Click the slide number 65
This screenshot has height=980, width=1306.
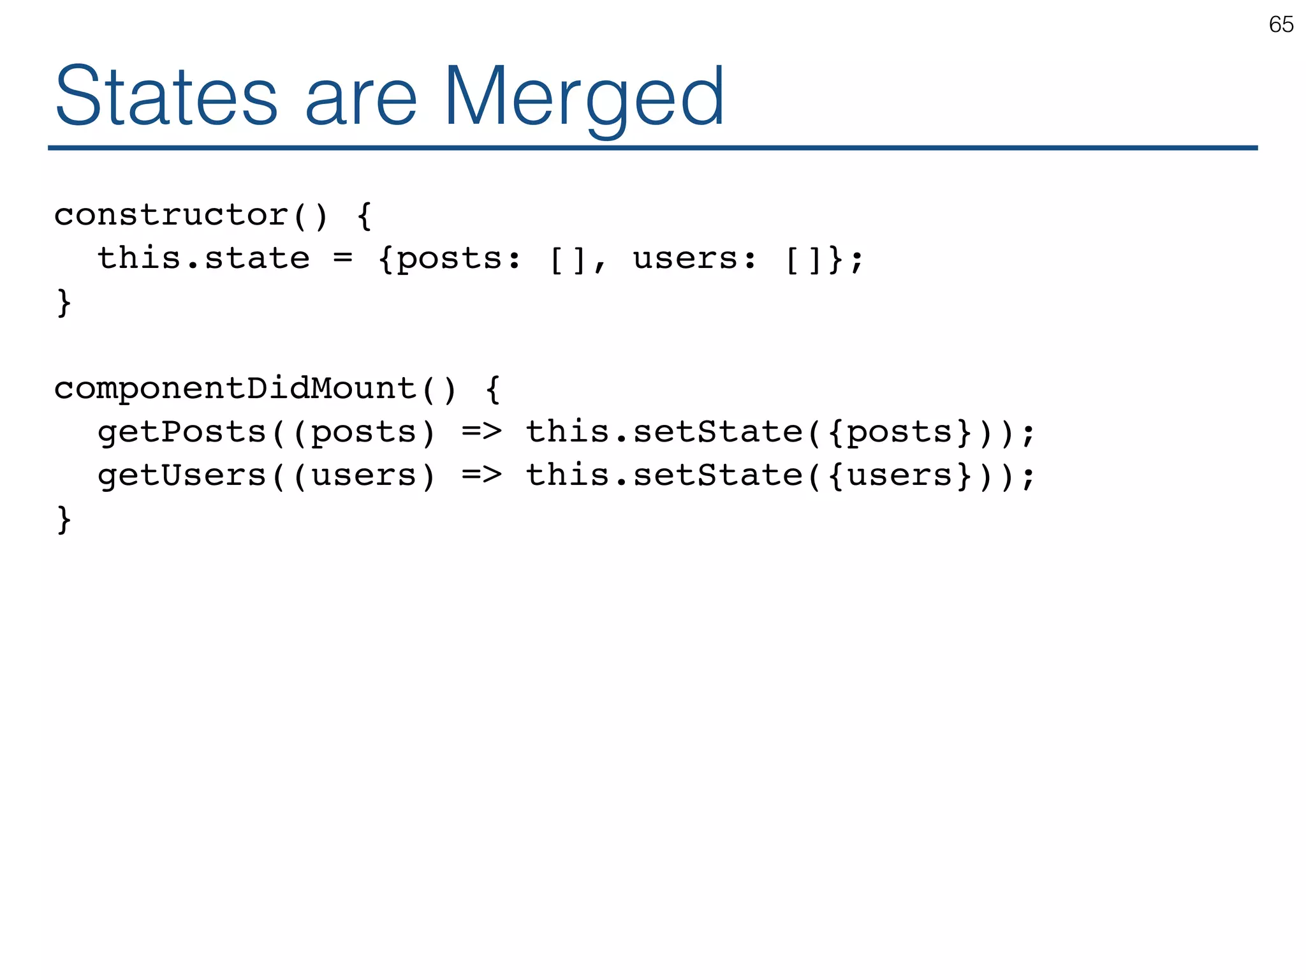(x=1280, y=25)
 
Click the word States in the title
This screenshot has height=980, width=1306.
(x=166, y=98)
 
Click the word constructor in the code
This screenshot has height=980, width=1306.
(x=172, y=215)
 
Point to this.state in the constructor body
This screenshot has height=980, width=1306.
(x=203, y=258)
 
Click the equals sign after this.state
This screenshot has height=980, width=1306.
(x=342, y=258)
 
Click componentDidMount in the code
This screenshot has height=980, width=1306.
(x=235, y=389)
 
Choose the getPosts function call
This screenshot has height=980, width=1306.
(x=182, y=433)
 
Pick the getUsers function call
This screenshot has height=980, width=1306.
(x=182, y=476)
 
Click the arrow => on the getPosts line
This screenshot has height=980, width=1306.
(x=481, y=432)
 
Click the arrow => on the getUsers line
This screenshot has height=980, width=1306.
(x=481, y=475)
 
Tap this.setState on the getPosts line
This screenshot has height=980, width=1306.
(x=664, y=432)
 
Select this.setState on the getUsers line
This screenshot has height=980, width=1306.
(x=664, y=475)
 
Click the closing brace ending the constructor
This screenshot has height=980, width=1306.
(x=64, y=302)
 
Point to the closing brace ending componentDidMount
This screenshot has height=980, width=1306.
(x=64, y=519)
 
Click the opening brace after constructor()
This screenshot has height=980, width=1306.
(x=364, y=216)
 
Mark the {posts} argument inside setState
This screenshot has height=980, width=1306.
(x=900, y=433)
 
